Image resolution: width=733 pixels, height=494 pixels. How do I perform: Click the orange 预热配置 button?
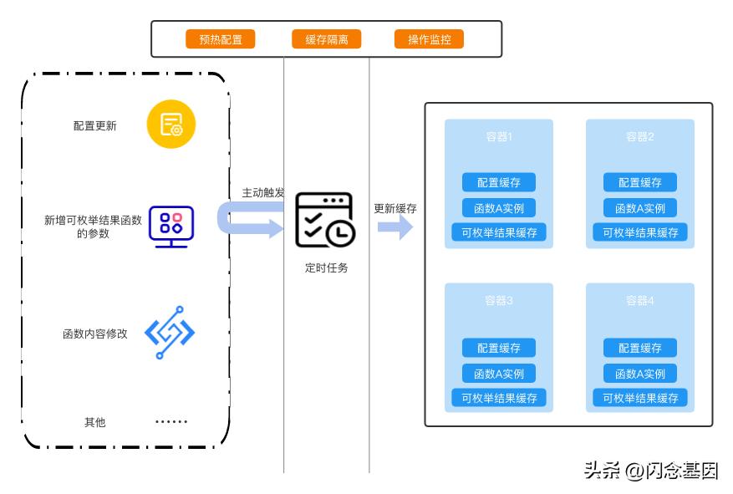220,39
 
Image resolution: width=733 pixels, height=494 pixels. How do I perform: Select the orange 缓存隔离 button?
326,39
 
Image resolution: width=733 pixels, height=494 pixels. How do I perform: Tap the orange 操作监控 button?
429,39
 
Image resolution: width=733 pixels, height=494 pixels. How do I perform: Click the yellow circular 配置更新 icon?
171,125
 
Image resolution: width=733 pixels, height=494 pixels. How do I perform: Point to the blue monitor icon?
171,227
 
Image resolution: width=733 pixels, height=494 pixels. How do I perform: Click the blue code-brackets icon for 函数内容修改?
170,333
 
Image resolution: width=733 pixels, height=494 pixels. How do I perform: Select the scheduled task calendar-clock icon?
324,220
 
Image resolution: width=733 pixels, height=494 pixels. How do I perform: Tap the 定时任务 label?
326,268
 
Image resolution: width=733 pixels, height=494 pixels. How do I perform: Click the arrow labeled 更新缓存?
395,226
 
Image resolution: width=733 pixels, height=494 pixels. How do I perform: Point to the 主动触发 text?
262,192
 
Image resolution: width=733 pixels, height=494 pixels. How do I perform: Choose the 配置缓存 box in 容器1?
499,183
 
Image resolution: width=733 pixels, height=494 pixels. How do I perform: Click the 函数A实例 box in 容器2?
640,208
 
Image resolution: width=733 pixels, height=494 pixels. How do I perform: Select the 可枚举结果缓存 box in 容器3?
499,399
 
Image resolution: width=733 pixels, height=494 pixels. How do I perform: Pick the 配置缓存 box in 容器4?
640,348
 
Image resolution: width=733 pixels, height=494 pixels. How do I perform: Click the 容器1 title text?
499,137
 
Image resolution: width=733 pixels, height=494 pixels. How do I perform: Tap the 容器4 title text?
640,301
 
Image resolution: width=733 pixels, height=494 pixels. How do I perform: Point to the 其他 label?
95,422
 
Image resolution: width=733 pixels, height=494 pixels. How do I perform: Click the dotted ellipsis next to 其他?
171,422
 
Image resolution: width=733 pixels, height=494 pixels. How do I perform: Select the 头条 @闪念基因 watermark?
650,471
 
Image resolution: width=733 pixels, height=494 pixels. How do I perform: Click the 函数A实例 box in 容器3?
499,374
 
